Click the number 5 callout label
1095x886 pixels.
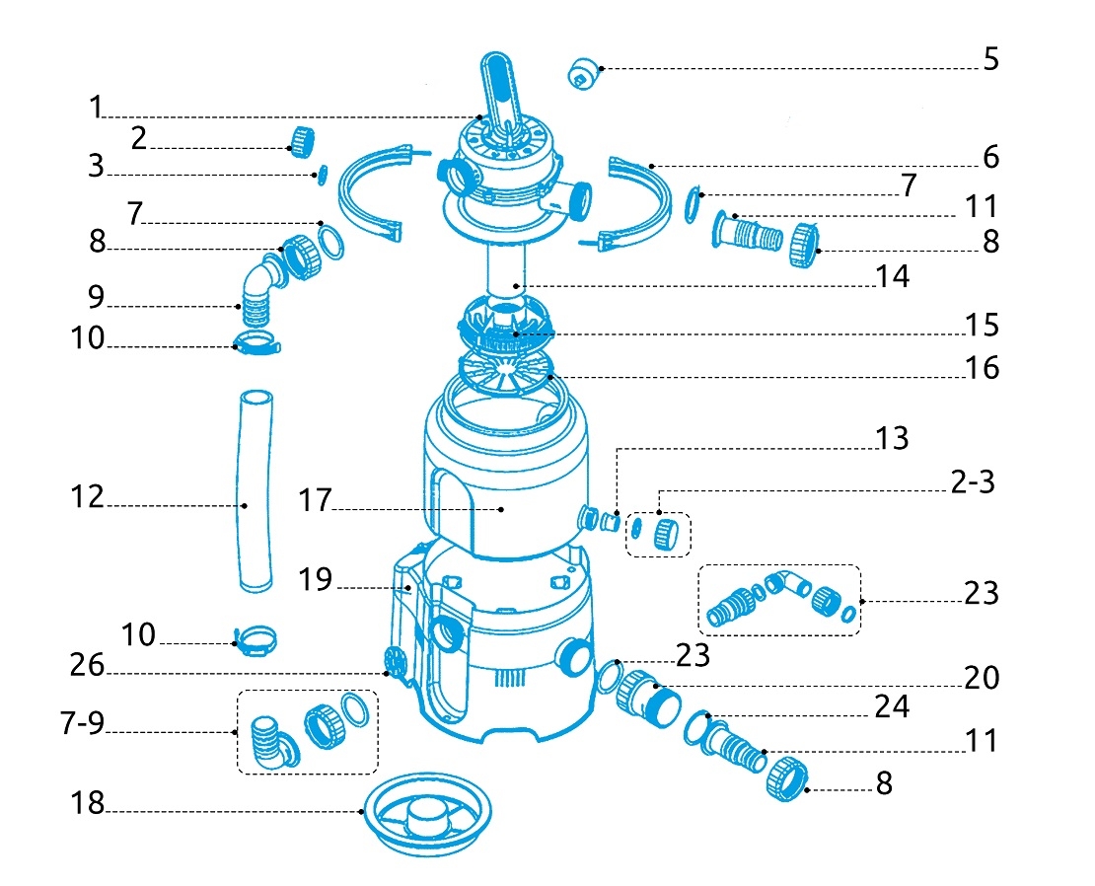[x=989, y=59]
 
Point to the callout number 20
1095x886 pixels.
[x=981, y=678]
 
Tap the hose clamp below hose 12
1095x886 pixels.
[x=255, y=642]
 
